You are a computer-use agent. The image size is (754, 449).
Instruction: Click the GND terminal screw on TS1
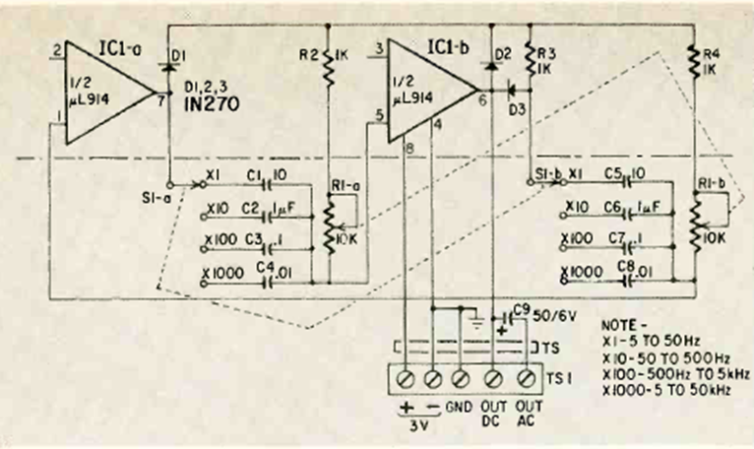pos(463,377)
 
